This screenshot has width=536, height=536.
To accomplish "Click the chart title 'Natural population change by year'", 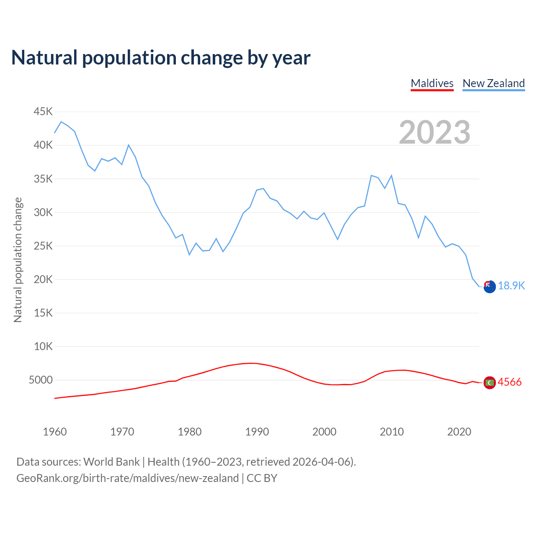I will pos(161,58).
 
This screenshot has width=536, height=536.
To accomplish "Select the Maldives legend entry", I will pos(432,83).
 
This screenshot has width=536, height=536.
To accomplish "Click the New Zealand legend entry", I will pos(493,83).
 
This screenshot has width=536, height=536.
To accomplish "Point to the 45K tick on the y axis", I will pos(44,112).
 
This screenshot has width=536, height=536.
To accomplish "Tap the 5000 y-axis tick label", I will pos(41,380).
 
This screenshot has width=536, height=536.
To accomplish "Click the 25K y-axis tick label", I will pos(44,246).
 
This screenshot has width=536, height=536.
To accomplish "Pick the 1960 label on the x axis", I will pos(55,432).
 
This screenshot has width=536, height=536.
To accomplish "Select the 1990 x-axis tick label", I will pos(257,432).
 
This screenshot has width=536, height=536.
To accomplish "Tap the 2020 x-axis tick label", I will pos(459,432).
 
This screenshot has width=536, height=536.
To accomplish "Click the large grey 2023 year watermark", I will pos(435,132).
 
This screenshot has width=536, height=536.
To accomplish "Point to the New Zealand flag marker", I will pos(490,287).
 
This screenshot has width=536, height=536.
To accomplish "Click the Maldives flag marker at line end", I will pos(490,383).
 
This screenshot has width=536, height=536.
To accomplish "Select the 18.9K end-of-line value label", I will pos(511,286).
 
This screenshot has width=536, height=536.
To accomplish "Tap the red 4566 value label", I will pos(510,382).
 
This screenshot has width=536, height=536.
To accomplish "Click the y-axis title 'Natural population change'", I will pos(18,260).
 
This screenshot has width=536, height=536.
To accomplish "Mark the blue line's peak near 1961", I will pos(61,122).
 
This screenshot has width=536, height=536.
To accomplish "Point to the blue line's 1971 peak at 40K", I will pos(129,145).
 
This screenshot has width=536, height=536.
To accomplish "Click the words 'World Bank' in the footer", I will pos(111,462).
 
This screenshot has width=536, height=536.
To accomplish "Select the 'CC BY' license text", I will pos(262,478).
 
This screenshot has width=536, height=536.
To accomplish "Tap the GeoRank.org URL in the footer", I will pos(127,478).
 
